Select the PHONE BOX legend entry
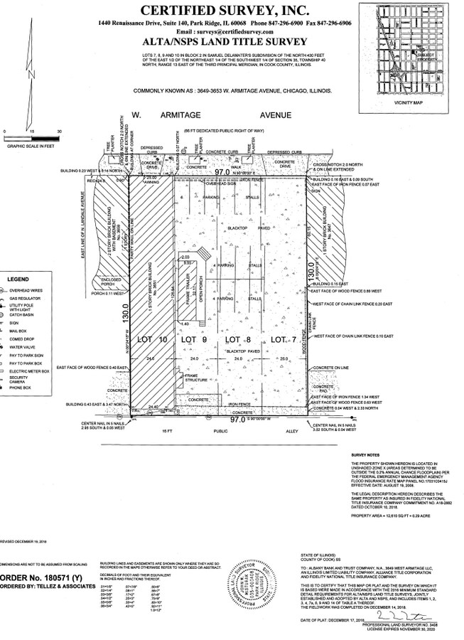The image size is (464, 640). click(x=24, y=388)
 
